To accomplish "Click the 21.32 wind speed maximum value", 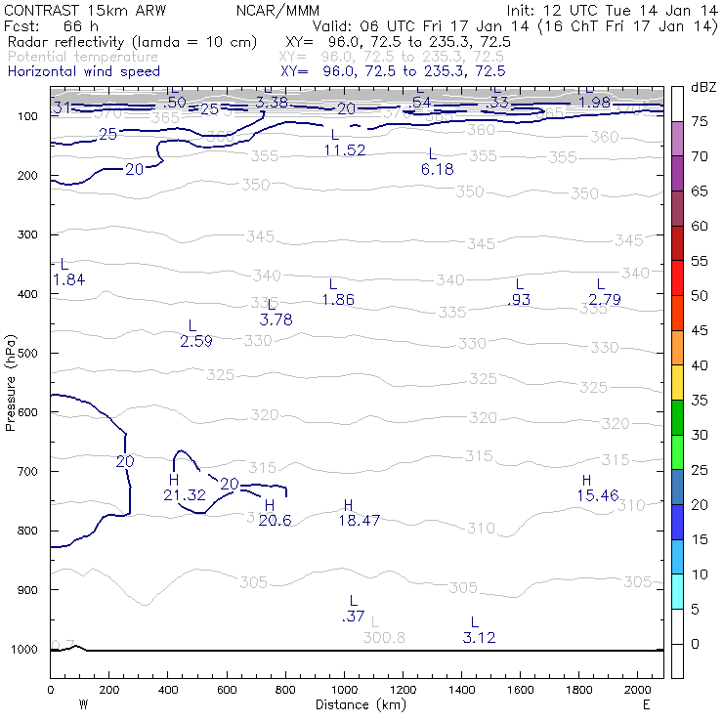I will click(x=185, y=495).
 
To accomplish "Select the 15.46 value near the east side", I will click(x=598, y=495).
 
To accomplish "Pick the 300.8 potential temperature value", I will click(x=384, y=637).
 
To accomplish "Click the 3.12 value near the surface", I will click(x=479, y=637).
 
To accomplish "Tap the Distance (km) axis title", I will click(x=357, y=703).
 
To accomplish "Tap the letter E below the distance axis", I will click(x=645, y=703).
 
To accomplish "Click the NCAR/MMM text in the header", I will click(x=274, y=9).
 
